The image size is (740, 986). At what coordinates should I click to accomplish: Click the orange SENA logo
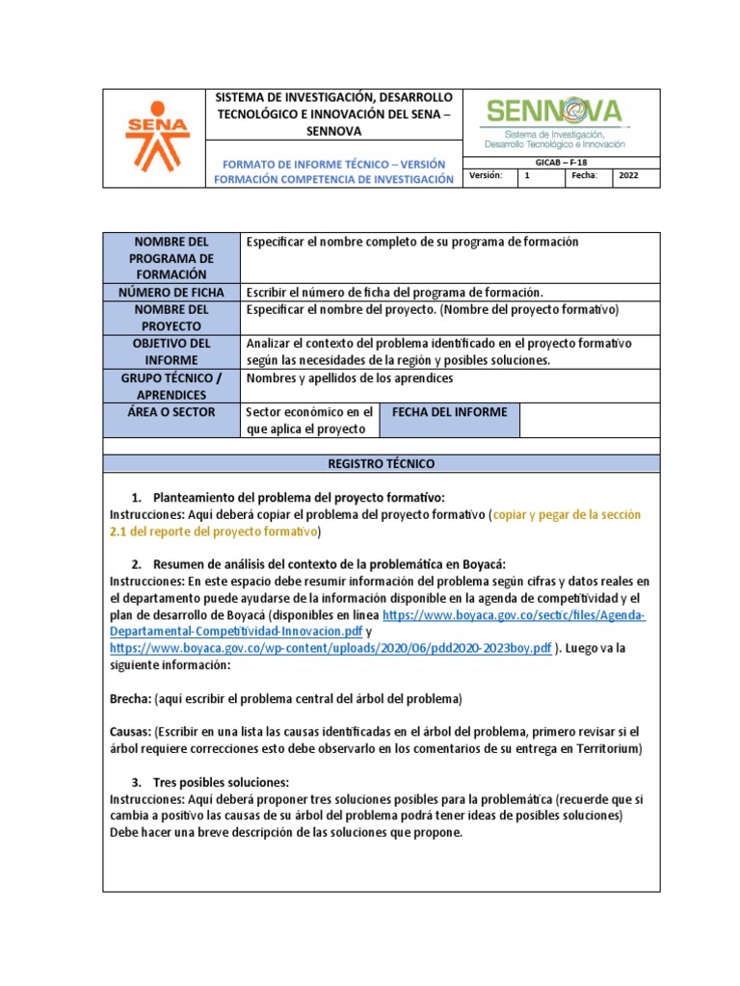pos(159,138)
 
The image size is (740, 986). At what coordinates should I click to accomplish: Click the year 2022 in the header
pos(628,177)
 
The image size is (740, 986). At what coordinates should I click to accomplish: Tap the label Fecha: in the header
pos(585,177)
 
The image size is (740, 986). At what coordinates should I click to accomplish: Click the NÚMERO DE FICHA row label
pos(171,292)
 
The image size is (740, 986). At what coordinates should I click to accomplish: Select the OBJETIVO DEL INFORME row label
pos(171,352)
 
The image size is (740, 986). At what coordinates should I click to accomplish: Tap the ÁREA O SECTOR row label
pos(171,412)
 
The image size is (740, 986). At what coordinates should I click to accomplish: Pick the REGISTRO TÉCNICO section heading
pos(382,464)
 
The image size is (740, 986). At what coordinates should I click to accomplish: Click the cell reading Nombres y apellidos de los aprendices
pos(350,378)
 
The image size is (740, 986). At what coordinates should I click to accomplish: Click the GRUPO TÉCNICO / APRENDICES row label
pos(171,387)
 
